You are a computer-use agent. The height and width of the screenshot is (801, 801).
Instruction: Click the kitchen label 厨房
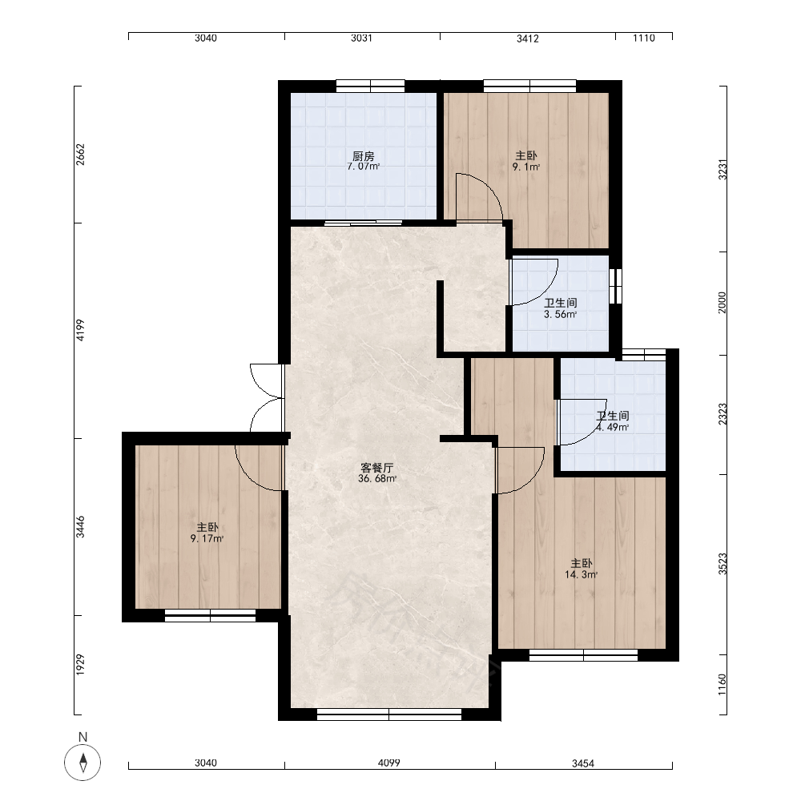click(x=363, y=156)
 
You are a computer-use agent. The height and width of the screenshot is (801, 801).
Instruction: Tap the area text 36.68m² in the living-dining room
click(x=377, y=479)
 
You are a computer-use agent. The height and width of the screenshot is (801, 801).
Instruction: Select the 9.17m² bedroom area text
click(x=207, y=538)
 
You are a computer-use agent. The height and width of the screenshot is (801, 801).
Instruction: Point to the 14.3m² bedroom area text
click(x=581, y=574)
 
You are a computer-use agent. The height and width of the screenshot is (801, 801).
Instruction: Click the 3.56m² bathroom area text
click(x=561, y=315)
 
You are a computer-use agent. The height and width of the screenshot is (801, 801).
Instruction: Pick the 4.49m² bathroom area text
click(x=613, y=428)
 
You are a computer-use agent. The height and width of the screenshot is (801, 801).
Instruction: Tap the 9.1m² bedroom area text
click(x=526, y=167)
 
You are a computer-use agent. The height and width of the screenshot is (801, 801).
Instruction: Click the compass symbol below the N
click(x=83, y=763)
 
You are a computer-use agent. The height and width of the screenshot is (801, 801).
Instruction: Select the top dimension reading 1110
click(x=644, y=38)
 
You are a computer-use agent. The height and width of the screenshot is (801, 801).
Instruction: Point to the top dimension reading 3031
click(x=362, y=38)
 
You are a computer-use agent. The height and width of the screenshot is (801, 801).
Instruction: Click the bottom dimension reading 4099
click(x=388, y=763)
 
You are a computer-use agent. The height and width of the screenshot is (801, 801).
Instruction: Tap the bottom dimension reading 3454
click(x=583, y=763)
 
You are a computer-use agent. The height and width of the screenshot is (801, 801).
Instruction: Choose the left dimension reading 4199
click(x=80, y=330)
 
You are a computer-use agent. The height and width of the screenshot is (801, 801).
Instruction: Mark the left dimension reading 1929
click(x=80, y=665)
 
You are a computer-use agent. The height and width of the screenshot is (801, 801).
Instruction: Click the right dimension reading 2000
click(x=722, y=303)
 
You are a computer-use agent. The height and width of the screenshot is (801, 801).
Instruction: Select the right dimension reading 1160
click(x=722, y=685)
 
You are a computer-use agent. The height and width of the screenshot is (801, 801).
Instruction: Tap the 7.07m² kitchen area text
click(x=363, y=167)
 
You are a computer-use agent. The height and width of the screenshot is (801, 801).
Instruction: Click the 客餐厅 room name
click(x=377, y=468)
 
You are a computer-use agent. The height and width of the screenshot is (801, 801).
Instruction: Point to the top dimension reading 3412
click(x=528, y=38)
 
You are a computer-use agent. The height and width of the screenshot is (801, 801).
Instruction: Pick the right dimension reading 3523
click(x=722, y=563)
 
